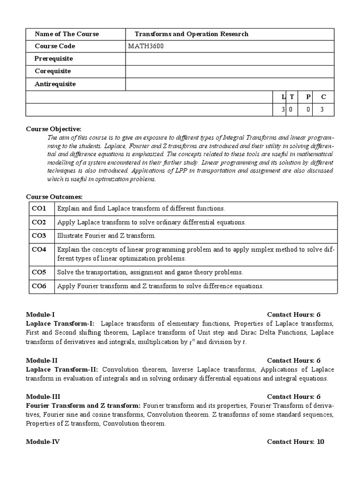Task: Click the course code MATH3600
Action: (x=146, y=46)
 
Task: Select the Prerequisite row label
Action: (x=53, y=59)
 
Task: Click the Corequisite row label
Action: (x=52, y=71)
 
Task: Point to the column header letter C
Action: (x=323, y=97)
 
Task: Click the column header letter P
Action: (x=308, y=97)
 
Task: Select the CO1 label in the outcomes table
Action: (x=39, y=208)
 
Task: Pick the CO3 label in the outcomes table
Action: (x=39, y=236)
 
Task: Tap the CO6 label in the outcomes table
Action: (x=39, y=285)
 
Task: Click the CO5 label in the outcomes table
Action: (x=39, y=272)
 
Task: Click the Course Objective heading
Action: (x=53, y=129)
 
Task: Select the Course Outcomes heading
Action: (x=54, y=197)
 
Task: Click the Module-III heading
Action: (x=43, y=397)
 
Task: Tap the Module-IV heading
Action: (x=43, y=442)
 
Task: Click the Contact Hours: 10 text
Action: (x=295, y=442)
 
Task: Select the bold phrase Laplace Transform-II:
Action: (x=62, y=369)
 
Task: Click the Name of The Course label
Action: (x=67, y=34)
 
